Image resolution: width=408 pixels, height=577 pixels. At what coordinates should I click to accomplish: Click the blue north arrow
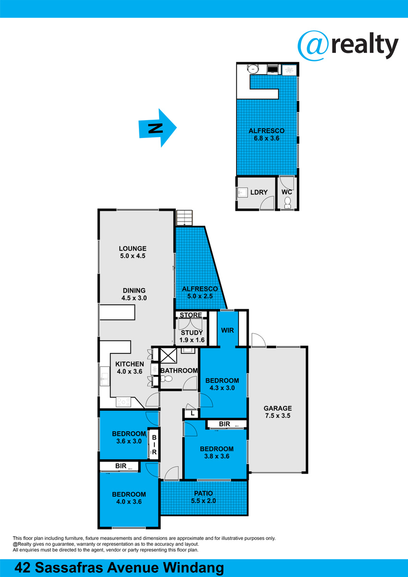pyautogui.click(x=158, y=128)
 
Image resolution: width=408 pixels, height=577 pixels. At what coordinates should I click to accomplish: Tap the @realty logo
pyautogui.click(x=348, y=46)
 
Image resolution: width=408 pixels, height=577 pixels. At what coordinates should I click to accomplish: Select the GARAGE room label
pyautogui.click(x=277, y=408)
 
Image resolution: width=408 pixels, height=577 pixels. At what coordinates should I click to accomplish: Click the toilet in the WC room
pyautogui.click(x=287, y=202)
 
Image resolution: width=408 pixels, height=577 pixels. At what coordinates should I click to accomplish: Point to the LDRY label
pyautogui.click(x=259, y=192)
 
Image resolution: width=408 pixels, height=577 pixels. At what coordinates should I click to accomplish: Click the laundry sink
pyautogui.click(x=241, y=192)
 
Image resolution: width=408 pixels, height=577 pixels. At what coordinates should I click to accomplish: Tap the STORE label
pyautogui.click(x=191, y=315)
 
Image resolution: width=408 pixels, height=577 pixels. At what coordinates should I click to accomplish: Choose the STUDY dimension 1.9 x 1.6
pyautogui.click(x=192, y=340)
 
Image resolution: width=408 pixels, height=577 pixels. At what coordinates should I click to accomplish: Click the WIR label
pyautogui.click(x=228, y=330)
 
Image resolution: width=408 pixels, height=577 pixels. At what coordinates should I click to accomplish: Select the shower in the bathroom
pyautogui.click(x=168, y=355)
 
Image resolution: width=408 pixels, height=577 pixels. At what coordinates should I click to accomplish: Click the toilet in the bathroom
pyautogui.click(x=167, y=379)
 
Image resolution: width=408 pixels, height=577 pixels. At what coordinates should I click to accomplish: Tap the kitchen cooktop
pyautogui.click(x=124, y=402)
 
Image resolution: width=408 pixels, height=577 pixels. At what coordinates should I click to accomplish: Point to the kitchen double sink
pyautogui.click(x=104, y=376)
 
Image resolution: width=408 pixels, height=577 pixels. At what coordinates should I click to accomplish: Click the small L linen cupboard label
pyautogui.click(x=193, y=414)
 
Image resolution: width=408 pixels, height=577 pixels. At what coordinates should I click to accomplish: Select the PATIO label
pyautogui.click(x=203, y=493)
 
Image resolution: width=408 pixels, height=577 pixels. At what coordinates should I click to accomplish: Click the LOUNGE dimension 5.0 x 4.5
pyautogui.click(x=133, y=256)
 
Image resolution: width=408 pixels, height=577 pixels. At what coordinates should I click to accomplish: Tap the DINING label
pyautogui.click(x=134, y=290)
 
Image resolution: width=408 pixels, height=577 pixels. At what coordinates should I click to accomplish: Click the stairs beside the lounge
pyautogui.click(x=185, y=218)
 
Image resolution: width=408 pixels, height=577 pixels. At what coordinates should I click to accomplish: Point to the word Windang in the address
pyautogui.click(x=193, y=567)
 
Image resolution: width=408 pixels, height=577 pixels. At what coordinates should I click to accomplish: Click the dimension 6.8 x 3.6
pyautogui.click(x=267, y=138)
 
